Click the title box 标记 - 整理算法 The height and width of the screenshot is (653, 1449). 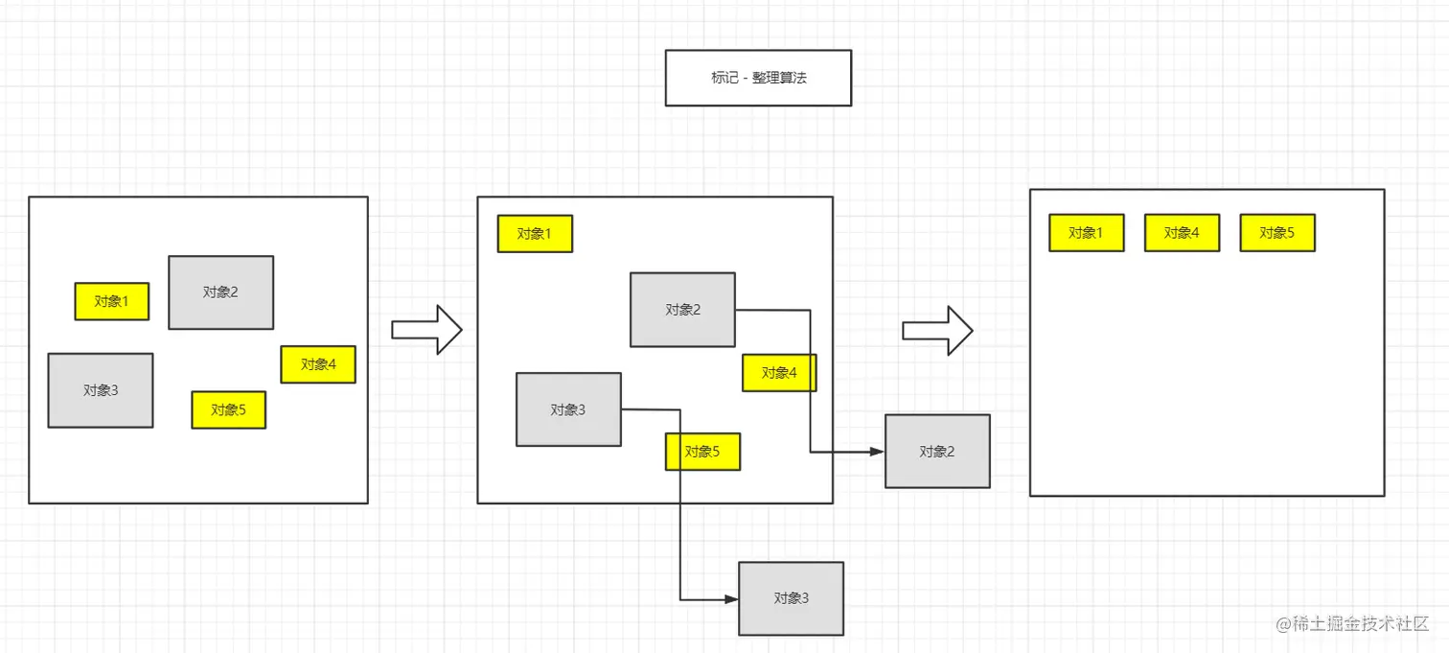tap(758, 78)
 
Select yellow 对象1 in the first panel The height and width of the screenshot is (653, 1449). tap(112, 301)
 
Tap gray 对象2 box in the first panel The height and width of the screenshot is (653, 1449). tap(220, 292)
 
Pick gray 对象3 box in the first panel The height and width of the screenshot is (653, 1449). tap(101, 390)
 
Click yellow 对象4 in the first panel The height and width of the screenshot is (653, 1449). tap(318, 364)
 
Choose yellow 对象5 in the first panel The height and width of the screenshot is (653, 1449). tap(228, 409)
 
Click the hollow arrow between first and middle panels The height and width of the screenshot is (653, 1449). tap(427, 330)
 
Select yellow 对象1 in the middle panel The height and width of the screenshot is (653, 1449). tap(535, 234)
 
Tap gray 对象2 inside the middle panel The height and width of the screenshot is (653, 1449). tap(682, 310)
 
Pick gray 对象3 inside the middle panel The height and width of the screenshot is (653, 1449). tap(568, 409)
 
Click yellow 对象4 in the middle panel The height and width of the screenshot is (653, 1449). tap(779, 373)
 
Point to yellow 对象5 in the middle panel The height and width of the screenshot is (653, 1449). tap(702, 452)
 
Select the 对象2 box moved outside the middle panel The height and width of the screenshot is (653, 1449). tap(937, 452)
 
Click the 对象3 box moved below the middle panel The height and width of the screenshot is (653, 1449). tap(791, 598)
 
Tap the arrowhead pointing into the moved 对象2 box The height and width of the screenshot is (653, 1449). tap(876, 452)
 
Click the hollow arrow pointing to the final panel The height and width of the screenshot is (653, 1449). tap(938, 331)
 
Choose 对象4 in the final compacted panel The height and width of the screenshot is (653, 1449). tap(1182, 233)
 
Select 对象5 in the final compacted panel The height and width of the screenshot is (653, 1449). tap(1277, 233)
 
